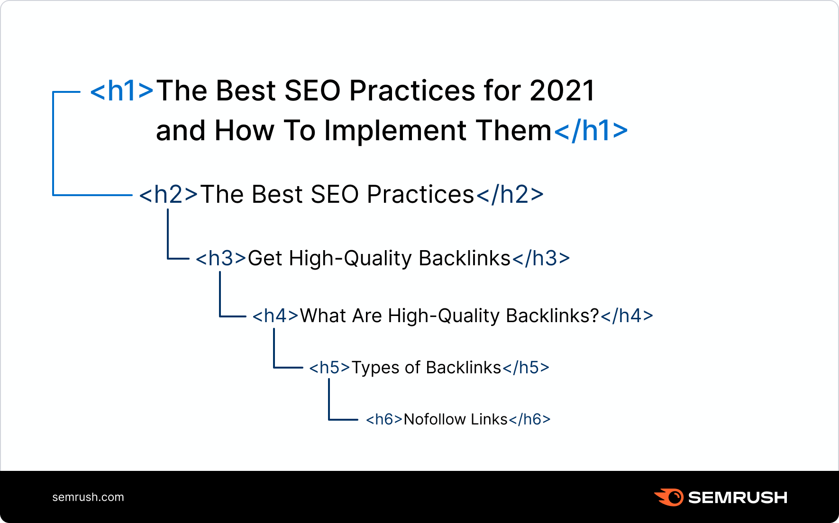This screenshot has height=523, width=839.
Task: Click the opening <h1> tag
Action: point(122,90)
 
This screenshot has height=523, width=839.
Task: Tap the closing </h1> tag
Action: point(591,131)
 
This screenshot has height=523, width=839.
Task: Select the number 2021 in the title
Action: point(562,90)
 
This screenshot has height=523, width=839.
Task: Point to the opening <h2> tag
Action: point(168,195)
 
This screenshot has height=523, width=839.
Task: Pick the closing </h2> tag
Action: point(510,195)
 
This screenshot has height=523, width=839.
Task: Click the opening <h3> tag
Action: point(221,259)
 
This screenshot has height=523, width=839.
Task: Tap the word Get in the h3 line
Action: point(265,259)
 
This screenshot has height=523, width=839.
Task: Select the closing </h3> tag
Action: point(541,259)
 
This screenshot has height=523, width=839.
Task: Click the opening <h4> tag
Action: point(275,316)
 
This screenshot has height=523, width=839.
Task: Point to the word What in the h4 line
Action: point(323,316)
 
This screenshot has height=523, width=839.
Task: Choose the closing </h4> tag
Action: point(627,316)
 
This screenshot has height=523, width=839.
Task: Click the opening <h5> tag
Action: point(329,368)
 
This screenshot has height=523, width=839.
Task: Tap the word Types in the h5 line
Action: point(375,368)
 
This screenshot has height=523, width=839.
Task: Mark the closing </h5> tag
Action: point(526,368)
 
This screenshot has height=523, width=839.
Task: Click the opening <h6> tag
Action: point(384,419)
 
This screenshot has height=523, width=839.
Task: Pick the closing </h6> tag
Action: point(529,419)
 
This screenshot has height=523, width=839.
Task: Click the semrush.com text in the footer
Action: point(88,497)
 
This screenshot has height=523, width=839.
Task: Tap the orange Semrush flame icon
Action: point(669,497)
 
